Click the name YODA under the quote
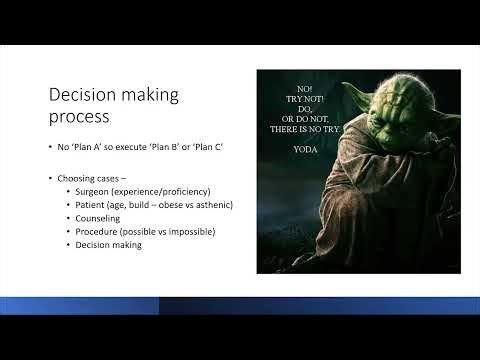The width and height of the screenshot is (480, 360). click(304, 149)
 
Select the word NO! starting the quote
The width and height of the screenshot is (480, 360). click(304, 88)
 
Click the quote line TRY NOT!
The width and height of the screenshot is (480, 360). click(304, 101)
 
